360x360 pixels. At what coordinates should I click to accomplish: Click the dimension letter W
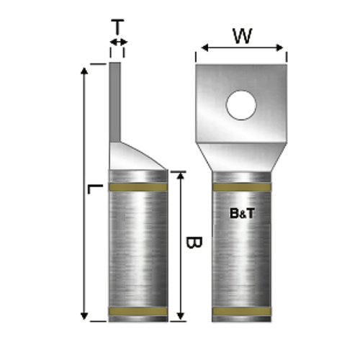point(242,35)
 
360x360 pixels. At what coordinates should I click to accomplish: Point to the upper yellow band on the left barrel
point(138,188)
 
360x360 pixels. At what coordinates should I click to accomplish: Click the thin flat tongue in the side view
point(116,101)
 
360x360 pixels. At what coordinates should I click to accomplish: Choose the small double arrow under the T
point(117,44)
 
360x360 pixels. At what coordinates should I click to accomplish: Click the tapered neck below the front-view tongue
point(242,156)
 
